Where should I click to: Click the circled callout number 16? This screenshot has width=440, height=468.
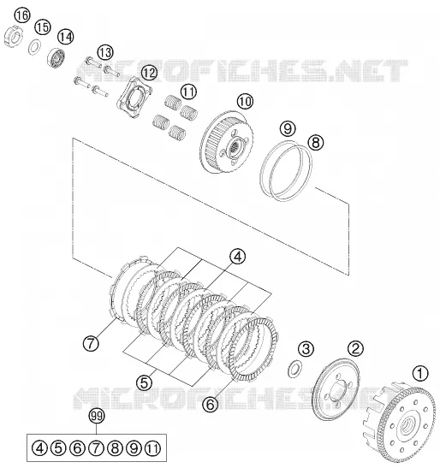[x=23, y=15]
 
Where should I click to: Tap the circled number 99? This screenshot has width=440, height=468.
[x=97, y=417]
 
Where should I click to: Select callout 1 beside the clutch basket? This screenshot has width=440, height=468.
[x=420, y=373]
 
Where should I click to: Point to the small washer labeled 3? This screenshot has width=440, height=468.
[x=294, y=369]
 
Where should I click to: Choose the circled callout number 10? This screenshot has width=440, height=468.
[x=245, y=102]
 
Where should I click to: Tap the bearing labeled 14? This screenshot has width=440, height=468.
[x=56, y=58]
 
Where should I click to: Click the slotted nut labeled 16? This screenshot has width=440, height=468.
[x=14, y=37]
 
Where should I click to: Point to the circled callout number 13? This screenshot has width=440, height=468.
[x=105, y=52]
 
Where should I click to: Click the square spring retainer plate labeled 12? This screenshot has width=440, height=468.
[x=134, y=96]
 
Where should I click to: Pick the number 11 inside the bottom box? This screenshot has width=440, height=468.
[x=152, y=448]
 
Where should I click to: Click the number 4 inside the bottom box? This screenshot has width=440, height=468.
[x=39, y=448]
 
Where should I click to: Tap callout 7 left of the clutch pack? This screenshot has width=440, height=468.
[x=91, y=343]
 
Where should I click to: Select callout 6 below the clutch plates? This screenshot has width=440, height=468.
[x=211, y=405]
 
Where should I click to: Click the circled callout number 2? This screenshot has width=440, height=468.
[x=355, y=348]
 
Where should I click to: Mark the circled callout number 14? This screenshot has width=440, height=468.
[x=65, y=37]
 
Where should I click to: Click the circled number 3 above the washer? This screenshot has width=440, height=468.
[x=306, y=348]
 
